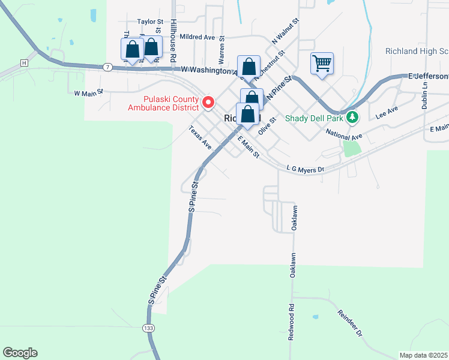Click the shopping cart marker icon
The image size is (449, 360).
point(322,62)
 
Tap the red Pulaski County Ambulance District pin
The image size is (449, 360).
point(209,103)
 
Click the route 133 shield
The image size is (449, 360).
point(148,328)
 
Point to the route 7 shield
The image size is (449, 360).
point(107,66)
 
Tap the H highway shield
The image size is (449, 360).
point(24,62)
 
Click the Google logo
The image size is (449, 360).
point(20,353)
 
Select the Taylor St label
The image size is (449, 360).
point(150,22)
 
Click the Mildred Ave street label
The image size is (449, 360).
point(197,37)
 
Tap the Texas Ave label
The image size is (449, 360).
point(200,137)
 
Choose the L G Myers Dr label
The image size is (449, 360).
point(305,169)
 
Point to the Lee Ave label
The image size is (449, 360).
point(387,112)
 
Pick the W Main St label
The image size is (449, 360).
point(89,93)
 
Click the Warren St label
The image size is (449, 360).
point(221,52)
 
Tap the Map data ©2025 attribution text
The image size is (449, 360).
point(424,355)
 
